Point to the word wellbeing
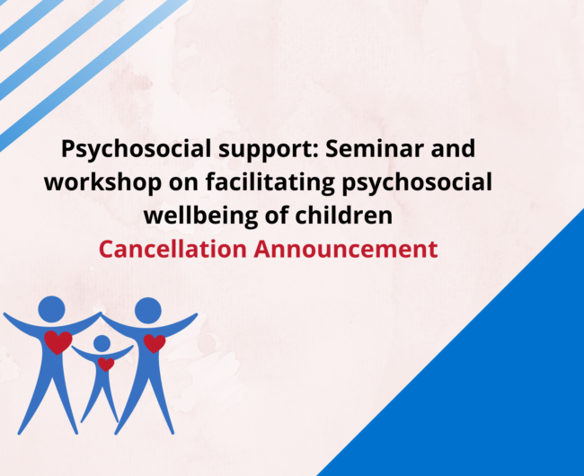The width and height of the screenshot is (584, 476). point(200,216)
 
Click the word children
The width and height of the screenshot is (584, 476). point(344,216)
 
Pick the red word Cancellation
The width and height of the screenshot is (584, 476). point(173,249)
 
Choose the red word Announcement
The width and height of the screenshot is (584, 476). point(346,250)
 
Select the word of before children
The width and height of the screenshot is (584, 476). point(276,216)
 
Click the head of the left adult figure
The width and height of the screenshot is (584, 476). point(51,309)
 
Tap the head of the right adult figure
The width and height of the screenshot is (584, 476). point(148,311)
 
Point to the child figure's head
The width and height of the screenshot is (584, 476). point(102,343)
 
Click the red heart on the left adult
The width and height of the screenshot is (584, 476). point(58,341)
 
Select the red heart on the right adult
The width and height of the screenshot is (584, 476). point(155,343)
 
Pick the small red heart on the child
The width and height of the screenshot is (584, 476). point(106,364)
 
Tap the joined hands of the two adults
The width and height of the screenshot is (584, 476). point(100,314)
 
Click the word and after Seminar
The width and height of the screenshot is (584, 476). point(453,148)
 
